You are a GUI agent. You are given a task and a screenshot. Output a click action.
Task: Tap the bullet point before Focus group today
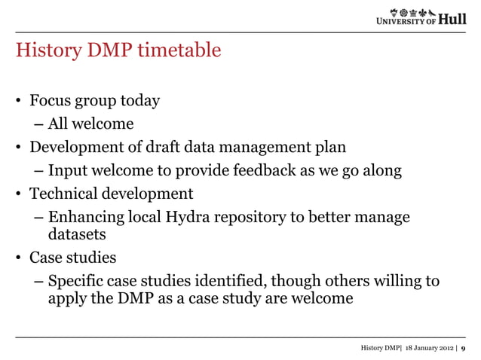(20, 100)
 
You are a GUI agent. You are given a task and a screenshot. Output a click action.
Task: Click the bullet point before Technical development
(20, 194)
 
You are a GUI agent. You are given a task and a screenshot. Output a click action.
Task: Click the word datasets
(77, 235)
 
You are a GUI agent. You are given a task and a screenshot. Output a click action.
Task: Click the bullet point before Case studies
(20, 258)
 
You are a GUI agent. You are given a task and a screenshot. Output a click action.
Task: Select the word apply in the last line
(67, 299)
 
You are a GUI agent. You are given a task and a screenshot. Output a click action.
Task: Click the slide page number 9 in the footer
(463, 347)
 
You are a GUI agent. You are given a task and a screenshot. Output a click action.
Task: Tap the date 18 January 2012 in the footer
(427, 347)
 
